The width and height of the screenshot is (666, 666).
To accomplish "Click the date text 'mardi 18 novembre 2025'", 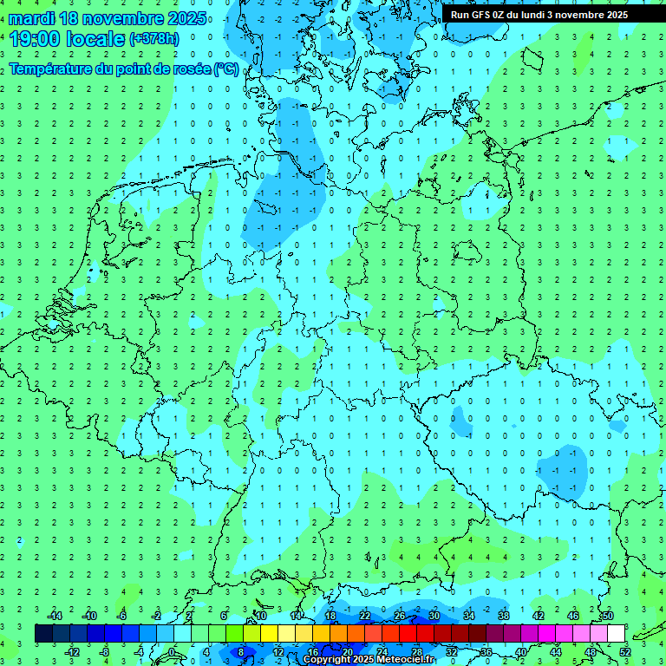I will [108, 18].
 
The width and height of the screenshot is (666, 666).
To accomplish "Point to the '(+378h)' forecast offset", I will [154, 39].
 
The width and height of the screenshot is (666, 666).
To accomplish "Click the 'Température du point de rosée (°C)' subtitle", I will [123, 69].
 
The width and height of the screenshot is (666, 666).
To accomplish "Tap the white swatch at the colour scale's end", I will [617, 633].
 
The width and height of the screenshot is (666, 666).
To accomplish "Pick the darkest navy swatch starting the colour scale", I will [43, 633].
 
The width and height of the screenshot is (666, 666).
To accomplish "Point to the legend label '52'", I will [624, 651].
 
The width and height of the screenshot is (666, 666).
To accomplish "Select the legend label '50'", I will [607, 616].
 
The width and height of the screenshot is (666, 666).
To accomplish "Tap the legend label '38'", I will [503, 616].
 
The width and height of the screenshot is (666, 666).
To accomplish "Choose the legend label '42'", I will [538, 616].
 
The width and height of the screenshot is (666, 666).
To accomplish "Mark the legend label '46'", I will [572, 616].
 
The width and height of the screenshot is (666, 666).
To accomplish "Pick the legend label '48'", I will [590, 651].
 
